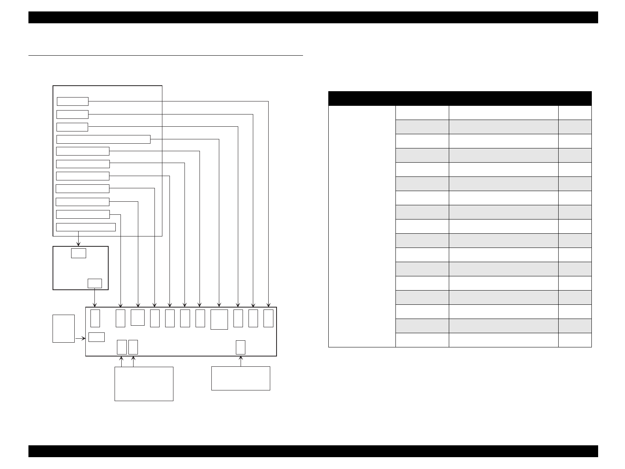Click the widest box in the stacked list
(x=103, y=139)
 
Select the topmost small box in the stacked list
(x=72, y=101)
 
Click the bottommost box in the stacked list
(x=86, y=227)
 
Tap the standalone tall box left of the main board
(x=64, y=328)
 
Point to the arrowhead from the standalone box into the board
(x=84, y=338)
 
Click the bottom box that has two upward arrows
(x=144, y=384)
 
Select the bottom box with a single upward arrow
(x=241, y=378)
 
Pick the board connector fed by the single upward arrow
(x=240, y=347)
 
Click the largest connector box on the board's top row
(x=219, y=319)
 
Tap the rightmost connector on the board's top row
(x=268, y=318)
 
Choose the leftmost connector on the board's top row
(x=95, y=318)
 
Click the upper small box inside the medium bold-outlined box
(x=79, y=253)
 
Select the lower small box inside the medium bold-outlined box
(x=94, y=283)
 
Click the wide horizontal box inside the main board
(x=96, y=337)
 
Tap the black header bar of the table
(x=459, y=98)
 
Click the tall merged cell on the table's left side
(x=361, y=226)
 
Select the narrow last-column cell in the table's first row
(x=574, y=113)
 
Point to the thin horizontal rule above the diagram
(x=166, y=56)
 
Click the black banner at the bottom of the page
(x=313, y=451)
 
